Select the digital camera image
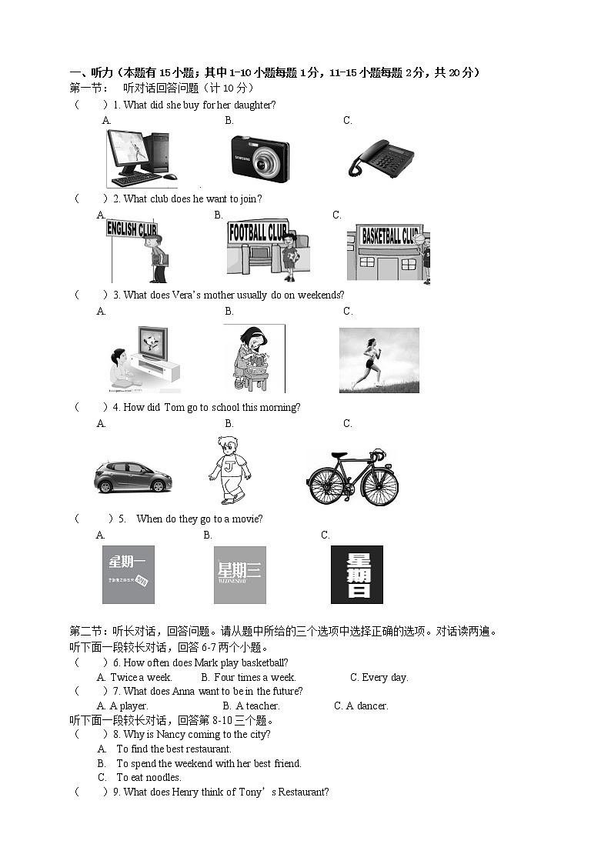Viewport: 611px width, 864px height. point(260,159)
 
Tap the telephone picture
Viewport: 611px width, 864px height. point(381,158)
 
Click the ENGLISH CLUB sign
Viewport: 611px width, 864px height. point(132,229)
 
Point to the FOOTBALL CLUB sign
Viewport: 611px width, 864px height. point(258,232)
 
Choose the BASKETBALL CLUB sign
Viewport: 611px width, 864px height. point(390,235)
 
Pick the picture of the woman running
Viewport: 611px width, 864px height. point(379,360)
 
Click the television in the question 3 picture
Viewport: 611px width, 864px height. point(152,342)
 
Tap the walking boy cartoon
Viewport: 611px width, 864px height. point(229,469)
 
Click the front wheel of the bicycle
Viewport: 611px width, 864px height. point(380,486)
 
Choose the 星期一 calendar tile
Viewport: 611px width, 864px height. point(128,575)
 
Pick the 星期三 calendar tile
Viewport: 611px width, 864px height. point(239,575)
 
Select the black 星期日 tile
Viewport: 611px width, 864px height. point(356,575)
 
